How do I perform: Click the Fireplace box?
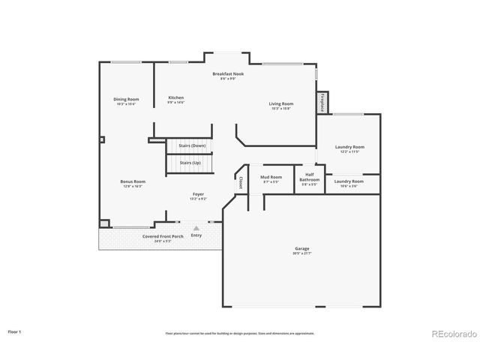coord(322,103)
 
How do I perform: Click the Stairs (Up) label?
coord(190,162)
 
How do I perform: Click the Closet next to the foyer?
coord(240,182)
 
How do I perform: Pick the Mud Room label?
coord(270,179)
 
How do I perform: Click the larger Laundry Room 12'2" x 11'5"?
coord(349,148)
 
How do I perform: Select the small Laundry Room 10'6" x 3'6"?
coord(349,183)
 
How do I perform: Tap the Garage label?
coord(302,250)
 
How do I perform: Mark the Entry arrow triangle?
coord(196,227)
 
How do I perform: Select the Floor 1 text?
coord(15,331)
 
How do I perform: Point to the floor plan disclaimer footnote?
coord(239,334)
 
